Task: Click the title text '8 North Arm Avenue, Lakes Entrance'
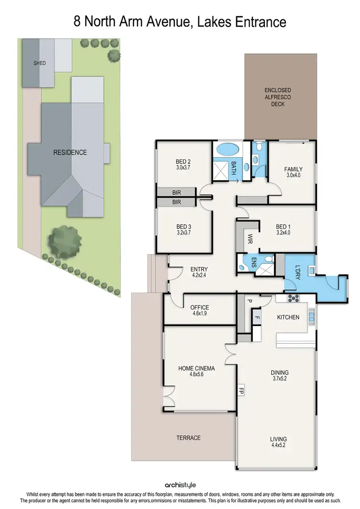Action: (x=180, y=22)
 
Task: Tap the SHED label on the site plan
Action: (x=39, y=63)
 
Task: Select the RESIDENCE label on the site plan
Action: (x=70, y=152)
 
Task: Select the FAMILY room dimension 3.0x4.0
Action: (x=293, y=176)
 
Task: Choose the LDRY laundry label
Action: (x=297, y=272)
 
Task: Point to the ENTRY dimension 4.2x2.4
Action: (x=199, y=276)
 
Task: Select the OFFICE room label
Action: (x=200, y=307)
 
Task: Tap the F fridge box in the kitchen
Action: (x=257, y=317)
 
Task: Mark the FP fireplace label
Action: (x=241, y=390)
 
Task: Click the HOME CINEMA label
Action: (x=196, y=368)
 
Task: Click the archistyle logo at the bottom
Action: (x=180, y=485)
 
